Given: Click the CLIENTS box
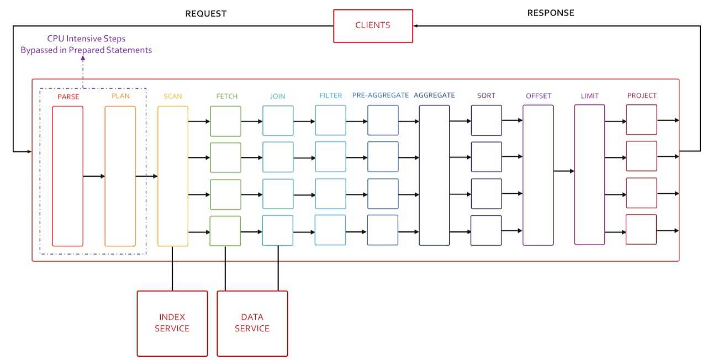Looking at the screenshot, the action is pyautogui.click(x=373, y=26).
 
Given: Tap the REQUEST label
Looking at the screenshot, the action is pyautogui.click(x=206, y=14).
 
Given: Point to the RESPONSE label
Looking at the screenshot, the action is pyautogui.click(x=551, y=13).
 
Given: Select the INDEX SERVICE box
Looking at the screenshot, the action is pyautogui.click(x=172, y=324).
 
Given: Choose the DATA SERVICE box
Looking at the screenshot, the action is pyautogui.click(x=252, y=324).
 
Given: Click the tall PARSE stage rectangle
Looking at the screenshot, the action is pyautogui.click(x=67, y=176).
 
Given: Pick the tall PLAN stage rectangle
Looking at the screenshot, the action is pyautogui.click(x=120, y=176).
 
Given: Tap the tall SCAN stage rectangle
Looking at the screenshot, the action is pyautogui.click(x=173, y=176).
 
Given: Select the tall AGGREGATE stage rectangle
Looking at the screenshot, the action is pyautogui.click(x=434, y=176).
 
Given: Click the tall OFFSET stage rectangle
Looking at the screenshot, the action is pyautogui.click(x=538, y=176).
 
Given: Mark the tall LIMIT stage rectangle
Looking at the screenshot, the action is pyautogui.click(x=590, y=174).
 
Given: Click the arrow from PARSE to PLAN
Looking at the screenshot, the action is pyautogui.click(x=94, y=176).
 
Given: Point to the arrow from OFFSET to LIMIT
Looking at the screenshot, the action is pyautogui.click(x=564, y=171).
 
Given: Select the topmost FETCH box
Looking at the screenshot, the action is pyautogui.click(x=226, y=121).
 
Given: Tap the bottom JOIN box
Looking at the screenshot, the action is pyautogui.click(x=278, y=230).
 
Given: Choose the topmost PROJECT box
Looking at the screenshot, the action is pyautogui.click(x=641, y=120).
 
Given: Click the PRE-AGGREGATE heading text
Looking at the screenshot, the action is pyautogui.click(x=381, y=95).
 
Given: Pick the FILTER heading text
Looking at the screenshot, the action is pyautogui.click(x=331, y=96).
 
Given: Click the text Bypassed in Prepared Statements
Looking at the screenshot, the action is pyautogui.click(x=86, y=50).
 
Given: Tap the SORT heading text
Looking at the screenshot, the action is pyautogui.click(x=486, y=96).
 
